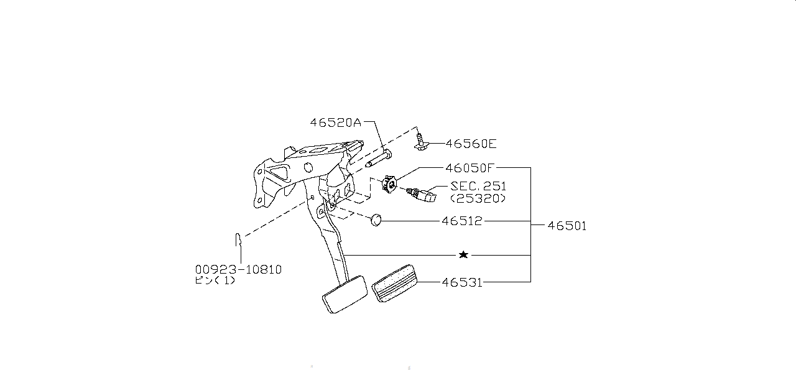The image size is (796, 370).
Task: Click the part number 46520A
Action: (335, 123)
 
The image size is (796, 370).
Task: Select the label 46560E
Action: (471, 144)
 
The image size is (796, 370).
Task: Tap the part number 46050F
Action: (470, 168)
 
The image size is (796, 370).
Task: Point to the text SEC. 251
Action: (478, 186)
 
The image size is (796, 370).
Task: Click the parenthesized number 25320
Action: (478, 198)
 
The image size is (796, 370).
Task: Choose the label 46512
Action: (461, 221)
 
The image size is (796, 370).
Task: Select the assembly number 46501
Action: (567, 226)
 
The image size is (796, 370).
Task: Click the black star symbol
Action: (463, 255)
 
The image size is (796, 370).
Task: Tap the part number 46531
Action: (461, 282)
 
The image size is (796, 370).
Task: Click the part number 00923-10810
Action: (238, 269)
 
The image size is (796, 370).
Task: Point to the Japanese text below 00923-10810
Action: (215, 280)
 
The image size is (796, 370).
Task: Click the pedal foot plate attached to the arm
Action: (345, 295)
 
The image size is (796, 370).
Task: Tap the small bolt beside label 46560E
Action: (421, 142)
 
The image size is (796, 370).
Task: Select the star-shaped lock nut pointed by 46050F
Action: (390, 183)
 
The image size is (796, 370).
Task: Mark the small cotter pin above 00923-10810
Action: (237, 240)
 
